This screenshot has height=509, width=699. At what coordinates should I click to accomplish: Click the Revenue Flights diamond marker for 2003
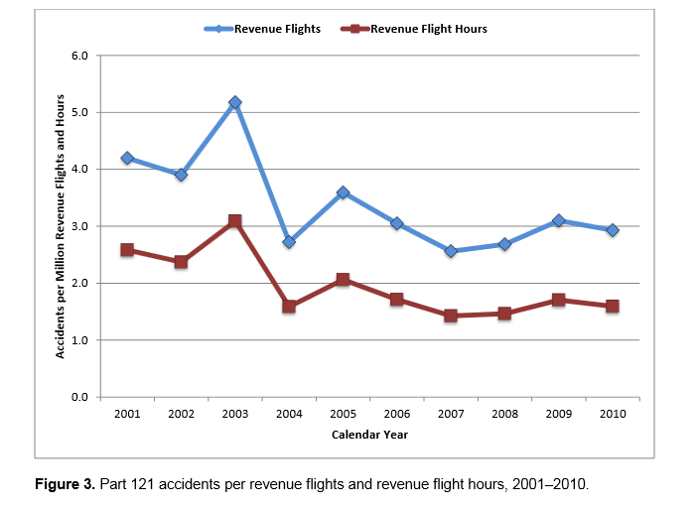point(234,102)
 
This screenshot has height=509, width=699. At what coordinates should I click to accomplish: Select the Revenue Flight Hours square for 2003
point(234,221)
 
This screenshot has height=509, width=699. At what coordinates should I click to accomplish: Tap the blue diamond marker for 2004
point(289,241)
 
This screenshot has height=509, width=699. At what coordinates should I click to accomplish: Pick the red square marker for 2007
point(451,316)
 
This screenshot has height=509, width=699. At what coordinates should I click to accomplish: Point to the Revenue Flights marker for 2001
point(127,158)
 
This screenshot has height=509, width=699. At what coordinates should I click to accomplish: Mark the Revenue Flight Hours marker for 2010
point(613,307)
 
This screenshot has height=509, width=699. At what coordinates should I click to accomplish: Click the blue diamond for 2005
point(343,192)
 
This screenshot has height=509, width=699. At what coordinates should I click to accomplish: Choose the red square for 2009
point(559,300)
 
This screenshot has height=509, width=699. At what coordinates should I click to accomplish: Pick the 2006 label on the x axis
point(397,414)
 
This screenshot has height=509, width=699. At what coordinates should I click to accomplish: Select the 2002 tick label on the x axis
point(181,414)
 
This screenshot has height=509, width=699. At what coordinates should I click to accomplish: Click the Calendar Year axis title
point(368,435)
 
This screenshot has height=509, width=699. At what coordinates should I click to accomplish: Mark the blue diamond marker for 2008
point(504,244)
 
